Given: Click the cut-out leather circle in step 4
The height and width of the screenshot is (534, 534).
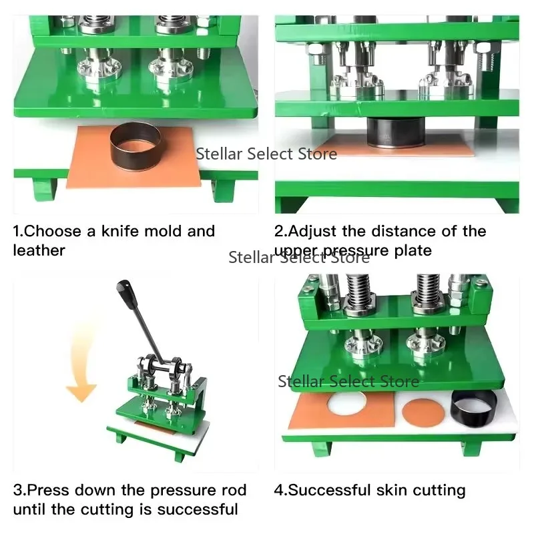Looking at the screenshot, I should (x=421, y=410).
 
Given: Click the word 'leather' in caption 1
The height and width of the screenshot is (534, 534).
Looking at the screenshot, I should (x=39, y=250).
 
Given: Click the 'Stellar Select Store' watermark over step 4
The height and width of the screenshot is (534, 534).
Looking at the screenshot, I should (x=348, y=381).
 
